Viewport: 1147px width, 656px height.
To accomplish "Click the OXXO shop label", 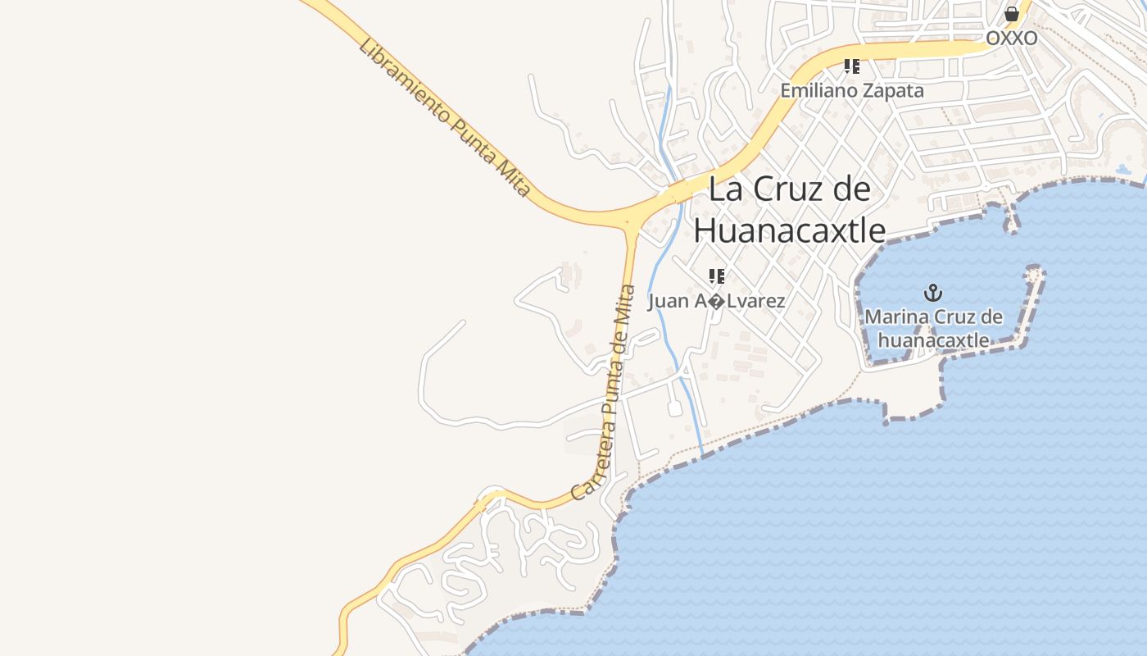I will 1011,39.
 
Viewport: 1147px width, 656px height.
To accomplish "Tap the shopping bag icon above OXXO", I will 1012,14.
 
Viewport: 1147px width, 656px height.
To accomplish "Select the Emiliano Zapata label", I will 851,90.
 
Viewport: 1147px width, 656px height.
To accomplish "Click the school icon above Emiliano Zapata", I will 851,66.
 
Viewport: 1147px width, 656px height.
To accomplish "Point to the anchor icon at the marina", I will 932,292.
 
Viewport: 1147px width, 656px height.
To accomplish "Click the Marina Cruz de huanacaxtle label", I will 933,327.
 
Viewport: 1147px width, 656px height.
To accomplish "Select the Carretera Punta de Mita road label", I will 605,393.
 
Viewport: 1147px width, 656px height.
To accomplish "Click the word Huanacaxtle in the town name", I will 789,230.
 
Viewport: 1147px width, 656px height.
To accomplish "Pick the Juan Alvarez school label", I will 716,301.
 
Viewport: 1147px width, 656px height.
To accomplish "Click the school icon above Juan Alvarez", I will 717,276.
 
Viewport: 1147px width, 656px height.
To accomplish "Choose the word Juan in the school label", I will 669,301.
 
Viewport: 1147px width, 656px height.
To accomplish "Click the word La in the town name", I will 724,189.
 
